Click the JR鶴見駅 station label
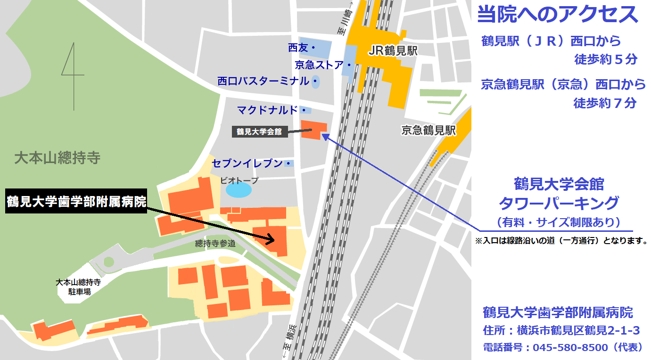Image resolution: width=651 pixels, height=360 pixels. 394,51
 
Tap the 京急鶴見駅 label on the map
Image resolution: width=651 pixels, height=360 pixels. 429,131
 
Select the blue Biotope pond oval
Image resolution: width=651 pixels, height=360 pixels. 239,190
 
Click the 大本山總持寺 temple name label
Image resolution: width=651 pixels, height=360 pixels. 57,158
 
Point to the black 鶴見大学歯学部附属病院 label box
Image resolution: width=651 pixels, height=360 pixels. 76,202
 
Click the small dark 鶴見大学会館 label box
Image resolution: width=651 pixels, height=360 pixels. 259,132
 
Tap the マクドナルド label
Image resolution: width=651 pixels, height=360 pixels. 268,110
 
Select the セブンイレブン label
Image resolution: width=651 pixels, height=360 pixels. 247,164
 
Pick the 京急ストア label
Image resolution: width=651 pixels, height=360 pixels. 320,65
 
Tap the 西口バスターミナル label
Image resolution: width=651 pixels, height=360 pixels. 264,81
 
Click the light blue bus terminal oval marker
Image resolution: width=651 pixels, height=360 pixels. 315,82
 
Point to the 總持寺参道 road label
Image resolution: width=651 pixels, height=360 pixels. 215,244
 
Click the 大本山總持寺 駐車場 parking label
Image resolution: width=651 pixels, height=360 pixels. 78,287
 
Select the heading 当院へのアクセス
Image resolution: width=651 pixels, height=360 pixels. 558,15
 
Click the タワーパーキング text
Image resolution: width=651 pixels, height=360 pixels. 559,203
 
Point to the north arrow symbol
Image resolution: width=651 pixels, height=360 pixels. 73,68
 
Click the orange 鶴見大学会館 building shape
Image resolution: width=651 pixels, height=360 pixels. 314,129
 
